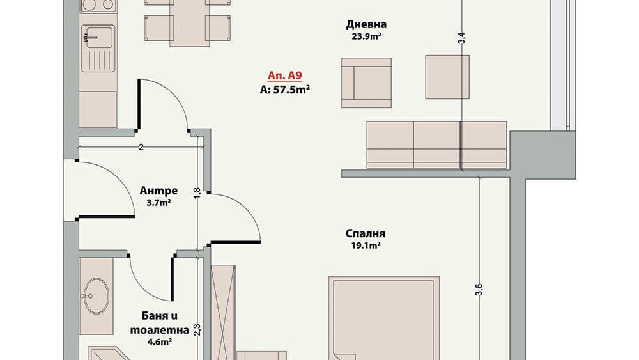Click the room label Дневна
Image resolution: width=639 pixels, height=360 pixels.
coord(366,24)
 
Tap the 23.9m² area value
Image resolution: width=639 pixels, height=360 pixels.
coord(366,36)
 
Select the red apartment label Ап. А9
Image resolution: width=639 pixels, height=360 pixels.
coord(284,75)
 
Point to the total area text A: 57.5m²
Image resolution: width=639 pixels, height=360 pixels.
coord(284,90)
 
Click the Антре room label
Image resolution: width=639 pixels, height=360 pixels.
coord(158,191)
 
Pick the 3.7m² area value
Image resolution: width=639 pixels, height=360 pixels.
coord(158,202)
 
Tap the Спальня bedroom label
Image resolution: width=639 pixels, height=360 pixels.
coord(365,233)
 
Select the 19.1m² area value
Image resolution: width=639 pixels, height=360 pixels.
coord(366,246)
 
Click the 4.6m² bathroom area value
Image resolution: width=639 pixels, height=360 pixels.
coord(159,341)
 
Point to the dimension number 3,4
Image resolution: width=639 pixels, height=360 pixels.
coord(461,38)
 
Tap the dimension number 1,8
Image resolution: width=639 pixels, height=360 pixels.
coord(197,193)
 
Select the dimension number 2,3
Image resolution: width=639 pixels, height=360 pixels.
coord(197,330)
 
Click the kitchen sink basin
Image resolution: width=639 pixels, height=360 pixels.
coord(98,38)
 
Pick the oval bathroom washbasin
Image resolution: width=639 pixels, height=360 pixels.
coord(96,295)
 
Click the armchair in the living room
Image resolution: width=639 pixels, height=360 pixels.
coord(366,82)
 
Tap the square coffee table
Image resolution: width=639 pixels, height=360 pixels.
coord(447,77)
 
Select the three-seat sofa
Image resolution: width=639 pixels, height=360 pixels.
coord(436,145)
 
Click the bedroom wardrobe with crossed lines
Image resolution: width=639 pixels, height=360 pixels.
coord(223,313)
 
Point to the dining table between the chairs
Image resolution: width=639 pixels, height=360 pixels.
coord(190,23)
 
